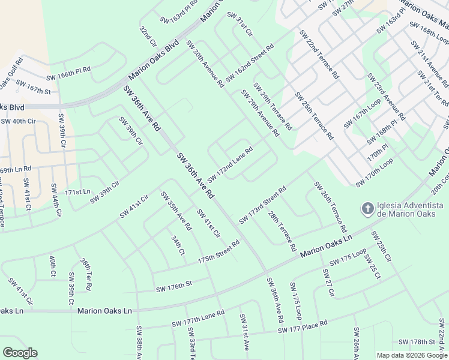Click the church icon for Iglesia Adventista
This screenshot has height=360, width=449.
click(367, 209)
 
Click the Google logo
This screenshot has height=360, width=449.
click(20, 353)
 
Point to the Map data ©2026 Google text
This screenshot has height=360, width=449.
click(411, 355)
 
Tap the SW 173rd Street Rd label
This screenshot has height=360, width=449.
click(262, 205)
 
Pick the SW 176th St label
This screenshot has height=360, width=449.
click(173, 287)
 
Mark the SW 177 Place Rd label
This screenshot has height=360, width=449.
click(302, 327)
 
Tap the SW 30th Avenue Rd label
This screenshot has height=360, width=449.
click(204, 62)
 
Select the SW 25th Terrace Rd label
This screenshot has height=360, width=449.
click(313, 116)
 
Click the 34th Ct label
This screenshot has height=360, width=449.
click(177, 245)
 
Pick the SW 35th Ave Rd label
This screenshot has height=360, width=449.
click(175, 211)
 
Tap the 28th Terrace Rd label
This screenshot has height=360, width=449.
click(282, 231)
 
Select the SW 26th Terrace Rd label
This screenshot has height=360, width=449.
click(330, 207)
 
